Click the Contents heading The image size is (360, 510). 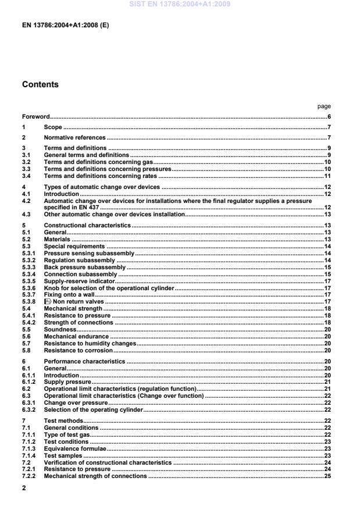[x=40, y=84]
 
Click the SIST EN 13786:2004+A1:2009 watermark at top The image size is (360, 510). [x=180, y=4]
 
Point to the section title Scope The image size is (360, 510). [x=53, y=127]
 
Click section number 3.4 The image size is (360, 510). [x=26, y=176]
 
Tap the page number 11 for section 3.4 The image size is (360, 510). [x=327, y=176]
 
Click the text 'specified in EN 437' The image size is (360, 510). [x=69, y=207]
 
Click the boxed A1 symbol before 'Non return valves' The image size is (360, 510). [x=48, y=302]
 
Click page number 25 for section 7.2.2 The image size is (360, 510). [x=327, y=476]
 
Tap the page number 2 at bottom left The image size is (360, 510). [x=24, y=490]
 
